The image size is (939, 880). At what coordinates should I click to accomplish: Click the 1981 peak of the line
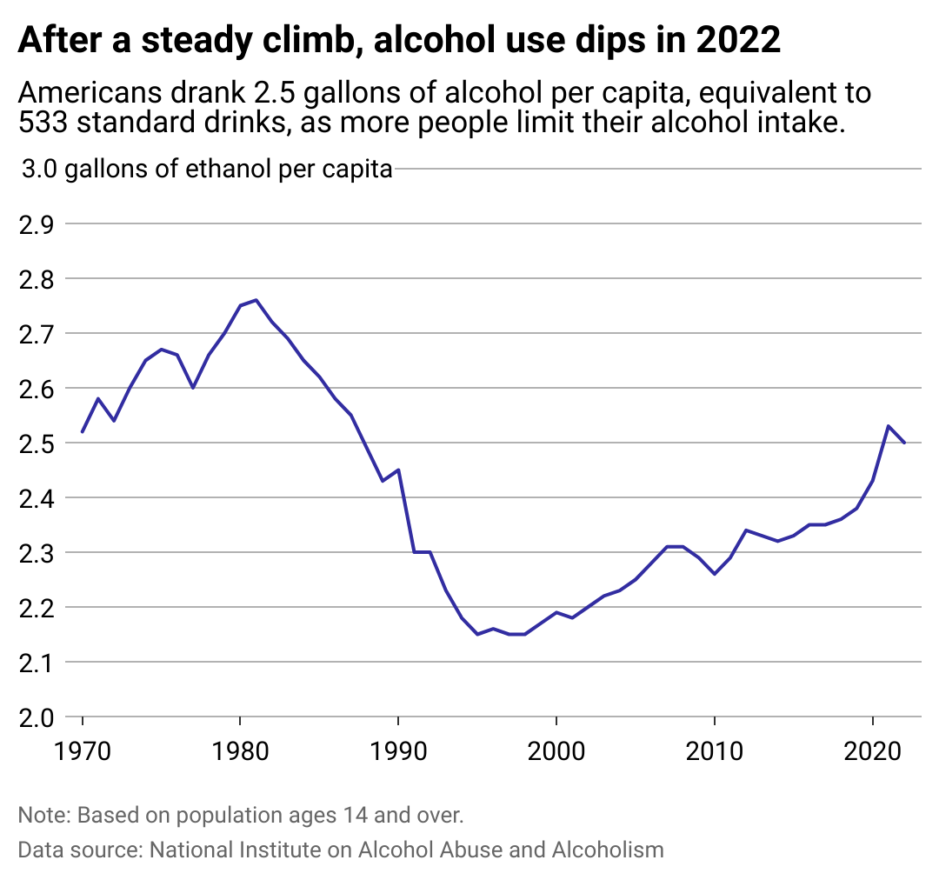pos(256,300)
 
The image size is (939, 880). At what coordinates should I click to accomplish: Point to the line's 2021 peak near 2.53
pos(888,426)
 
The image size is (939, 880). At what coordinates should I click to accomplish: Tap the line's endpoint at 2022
pos(904,443)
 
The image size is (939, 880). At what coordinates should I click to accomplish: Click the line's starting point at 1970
pos(83,431)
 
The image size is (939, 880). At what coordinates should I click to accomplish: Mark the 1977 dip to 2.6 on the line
pos(193,388)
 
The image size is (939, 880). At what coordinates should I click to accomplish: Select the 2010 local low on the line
pos(714,574)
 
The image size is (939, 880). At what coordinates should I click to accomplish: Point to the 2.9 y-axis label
pos(36,224)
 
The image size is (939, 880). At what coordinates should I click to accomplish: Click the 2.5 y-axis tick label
pos(36,443)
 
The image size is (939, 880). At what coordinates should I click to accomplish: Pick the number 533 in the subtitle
pos(43,123)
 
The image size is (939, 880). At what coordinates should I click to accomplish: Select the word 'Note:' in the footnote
pos(44,816)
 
